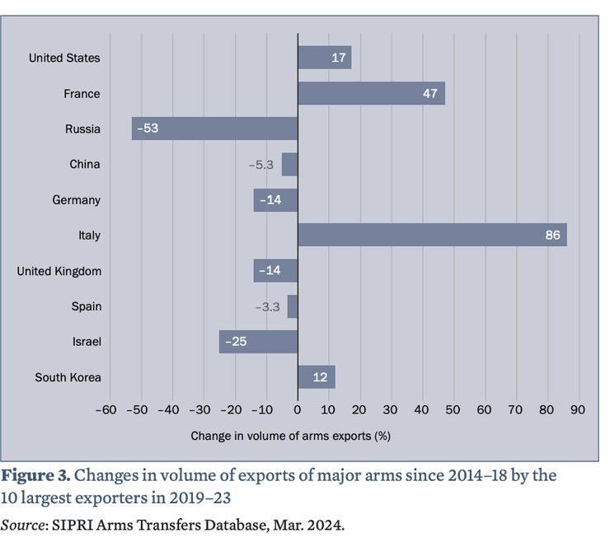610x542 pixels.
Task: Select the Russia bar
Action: tap(214, 128)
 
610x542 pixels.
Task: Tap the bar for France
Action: tap(371, 93)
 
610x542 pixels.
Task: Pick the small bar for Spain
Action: tap(293, 306)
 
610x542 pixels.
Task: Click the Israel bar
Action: tap(258, 342)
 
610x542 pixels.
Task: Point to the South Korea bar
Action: tap(316, 377)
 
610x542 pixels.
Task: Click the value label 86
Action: tap(552, 236)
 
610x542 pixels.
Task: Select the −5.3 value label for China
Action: tap(261, 165)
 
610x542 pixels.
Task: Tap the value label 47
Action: tap(429, 94)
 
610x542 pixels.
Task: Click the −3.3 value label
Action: tap(268, 307)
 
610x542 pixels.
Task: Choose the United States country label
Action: tap(64, 58)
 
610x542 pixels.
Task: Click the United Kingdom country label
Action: tap(59, 271)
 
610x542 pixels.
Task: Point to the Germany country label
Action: tap(76, 200)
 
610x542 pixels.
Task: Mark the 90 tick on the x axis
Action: tap(576, 409)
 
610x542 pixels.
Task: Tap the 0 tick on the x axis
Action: tap(298, 409)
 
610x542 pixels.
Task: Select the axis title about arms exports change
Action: tap(290, 435)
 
